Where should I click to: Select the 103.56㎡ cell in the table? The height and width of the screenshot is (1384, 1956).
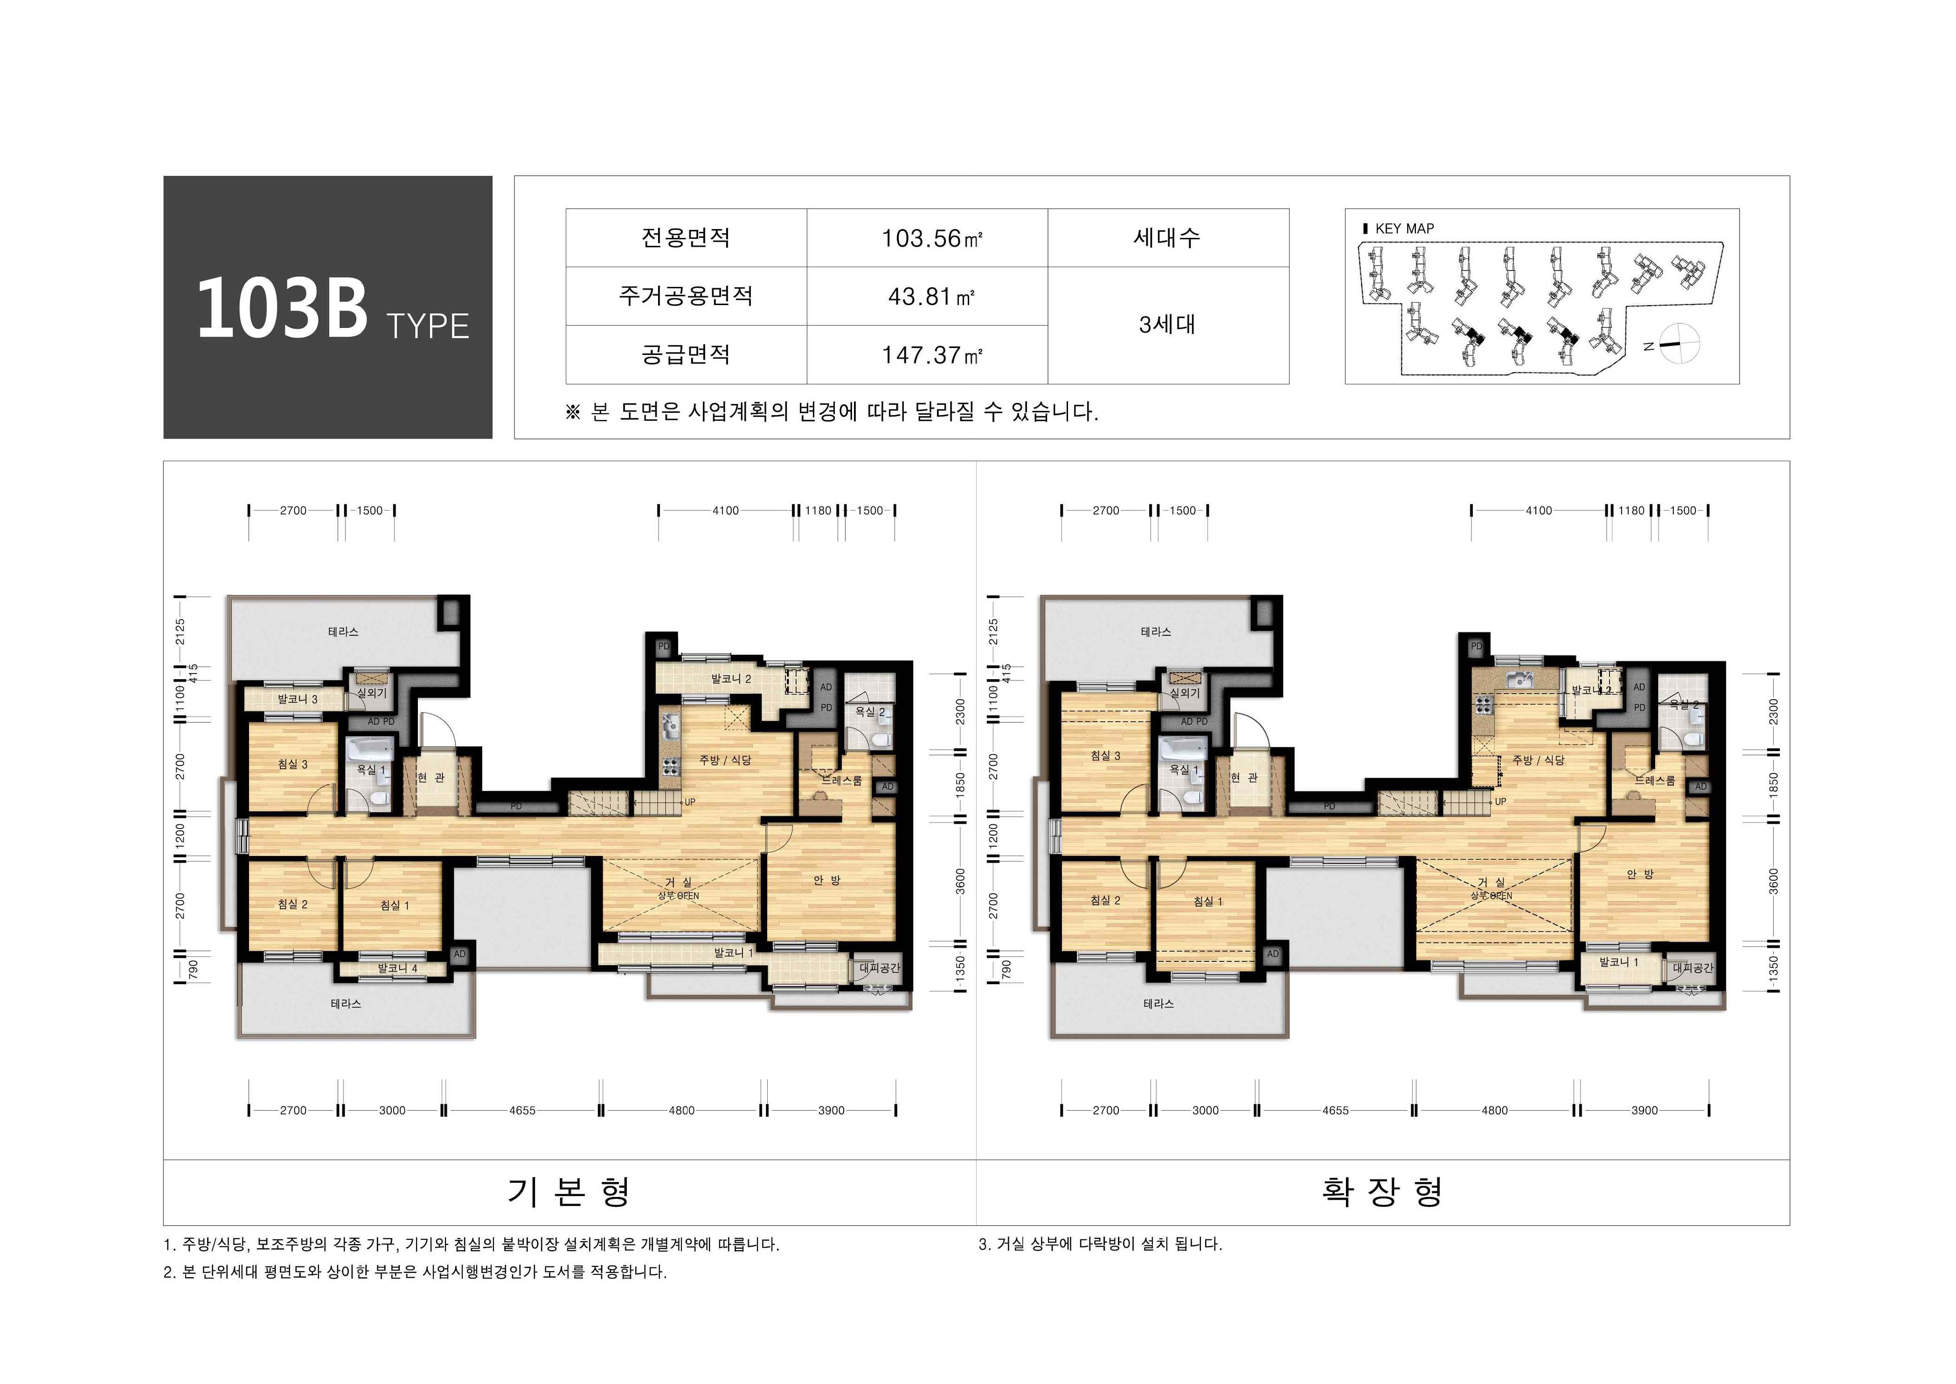click(x=931, y=239)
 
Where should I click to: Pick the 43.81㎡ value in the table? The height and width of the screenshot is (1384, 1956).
click(x=931, y=297)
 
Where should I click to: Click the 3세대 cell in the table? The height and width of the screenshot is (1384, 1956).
click(x=1167, y=325)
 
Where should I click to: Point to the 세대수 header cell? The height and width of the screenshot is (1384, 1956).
click(x=1167, y=238)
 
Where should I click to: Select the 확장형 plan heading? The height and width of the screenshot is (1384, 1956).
click(x=1382, y=1191)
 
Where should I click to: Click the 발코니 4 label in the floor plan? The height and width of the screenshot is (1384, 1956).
click(x=397, y=968)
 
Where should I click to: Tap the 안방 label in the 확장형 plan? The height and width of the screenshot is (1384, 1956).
click(x=1640, y=874)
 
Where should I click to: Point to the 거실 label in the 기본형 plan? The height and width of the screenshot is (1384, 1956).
click(x=679, y=882)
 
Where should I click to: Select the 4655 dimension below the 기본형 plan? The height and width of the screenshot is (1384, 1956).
click(x=522, y=1111)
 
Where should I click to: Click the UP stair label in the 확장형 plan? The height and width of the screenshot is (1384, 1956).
click(x=1500, y=802)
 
